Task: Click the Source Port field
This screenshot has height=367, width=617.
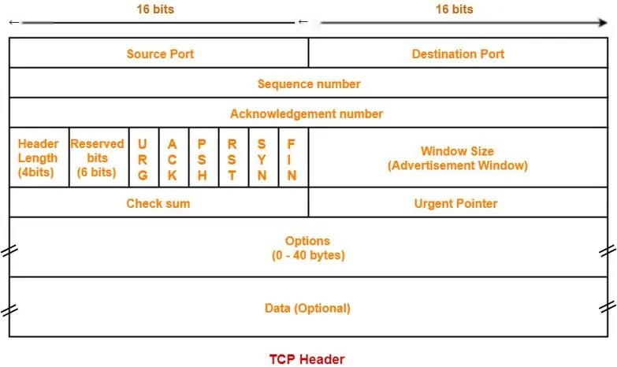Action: pos(159,53)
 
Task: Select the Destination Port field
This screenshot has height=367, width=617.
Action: pos(458,53)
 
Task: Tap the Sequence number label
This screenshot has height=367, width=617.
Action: pos(309,83)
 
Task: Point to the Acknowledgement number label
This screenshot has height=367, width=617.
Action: pos(307,113)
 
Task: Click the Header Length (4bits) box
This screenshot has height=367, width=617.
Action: pos(39,158)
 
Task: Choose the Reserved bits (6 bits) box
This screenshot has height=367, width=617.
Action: pos(98,158)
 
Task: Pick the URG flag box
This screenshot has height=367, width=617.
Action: pos(144,158)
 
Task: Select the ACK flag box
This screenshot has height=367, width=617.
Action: pos(174,158)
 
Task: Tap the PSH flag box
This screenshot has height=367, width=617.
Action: pos(204,158)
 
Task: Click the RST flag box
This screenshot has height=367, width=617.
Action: pos(234,158)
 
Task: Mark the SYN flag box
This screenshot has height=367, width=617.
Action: pos(264,158)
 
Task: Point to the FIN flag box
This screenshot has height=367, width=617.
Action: pos(294,158)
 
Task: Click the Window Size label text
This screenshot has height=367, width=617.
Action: pos(457,151)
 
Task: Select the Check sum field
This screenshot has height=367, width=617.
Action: pos(159,202)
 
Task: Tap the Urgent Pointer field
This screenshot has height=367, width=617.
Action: pos(458,202)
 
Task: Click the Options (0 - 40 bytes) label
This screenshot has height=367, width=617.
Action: pos(308,248)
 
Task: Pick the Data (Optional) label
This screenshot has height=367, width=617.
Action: pos(307,308)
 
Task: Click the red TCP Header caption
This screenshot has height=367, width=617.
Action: pos(307,359)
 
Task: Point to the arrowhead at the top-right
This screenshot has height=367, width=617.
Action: pos(603,22)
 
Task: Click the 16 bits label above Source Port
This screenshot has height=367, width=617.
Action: pos(155,9)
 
